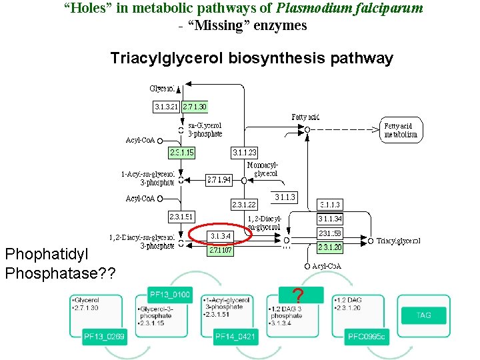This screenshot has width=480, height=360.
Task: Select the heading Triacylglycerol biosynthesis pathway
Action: pyautogui.click(x=251, y=58)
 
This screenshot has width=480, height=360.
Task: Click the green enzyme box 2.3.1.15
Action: pyautogui.click(x=182, y=153)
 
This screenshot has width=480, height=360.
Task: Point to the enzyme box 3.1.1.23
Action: pyautogui.click(x=245, y=153)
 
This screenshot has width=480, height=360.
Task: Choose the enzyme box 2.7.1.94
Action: pyautogui.click(x=219, y=179)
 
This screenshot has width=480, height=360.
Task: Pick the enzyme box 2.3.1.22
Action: pyautogui.click(x=244, y=204)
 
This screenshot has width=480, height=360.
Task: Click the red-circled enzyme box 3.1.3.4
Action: pyautogui.click(x=221, y=235)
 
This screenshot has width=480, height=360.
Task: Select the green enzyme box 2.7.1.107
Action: pyautogui.click(x=221, y=251)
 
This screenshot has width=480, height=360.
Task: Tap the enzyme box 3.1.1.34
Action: pyautogui.click(x=330, y=219)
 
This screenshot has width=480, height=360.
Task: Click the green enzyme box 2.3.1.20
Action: pyautogui.click(x=330, y=247)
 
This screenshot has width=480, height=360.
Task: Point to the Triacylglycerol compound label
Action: pyautogui.click(x=399, y=241)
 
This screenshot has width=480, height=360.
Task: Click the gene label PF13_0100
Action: pyautogui.click(x=170, y=294)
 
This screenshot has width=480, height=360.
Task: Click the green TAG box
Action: pyautogui.click(x=423, y=315)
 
